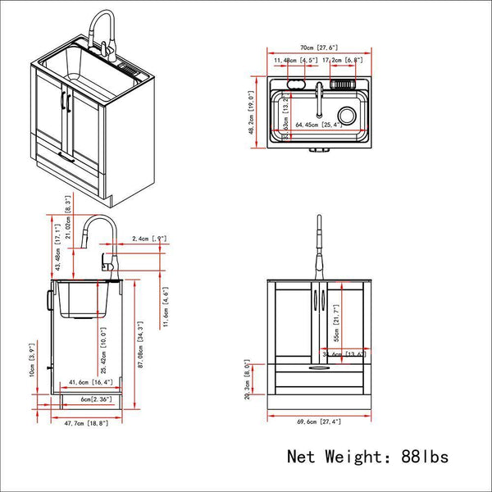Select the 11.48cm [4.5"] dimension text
(297, 60)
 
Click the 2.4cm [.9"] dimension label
(149, 239)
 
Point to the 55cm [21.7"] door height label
(337, 326)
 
